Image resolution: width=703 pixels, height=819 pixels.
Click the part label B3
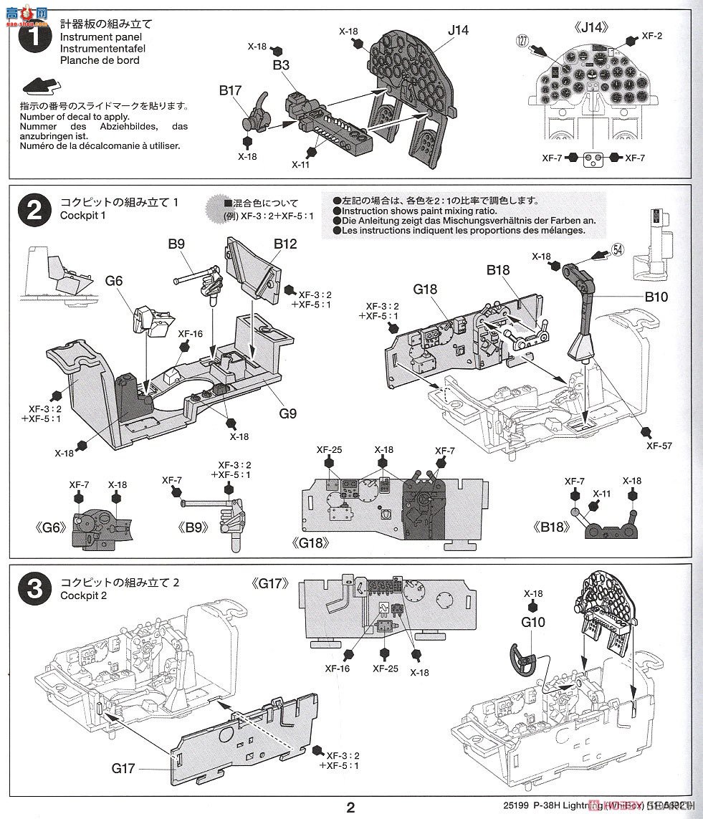click(x=281, y=64)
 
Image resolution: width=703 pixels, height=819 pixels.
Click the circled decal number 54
click(x=618, y=249)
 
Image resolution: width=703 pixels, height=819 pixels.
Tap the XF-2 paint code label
click(x=651, y=35)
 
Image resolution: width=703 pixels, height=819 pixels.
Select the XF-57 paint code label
click(x=659, y=445)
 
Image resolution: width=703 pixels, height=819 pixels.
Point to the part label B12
click(x=284, y=244)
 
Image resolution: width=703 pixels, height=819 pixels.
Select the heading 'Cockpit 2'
click(x=84, y=596)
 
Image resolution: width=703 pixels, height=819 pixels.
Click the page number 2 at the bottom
click(x=350, y=808)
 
